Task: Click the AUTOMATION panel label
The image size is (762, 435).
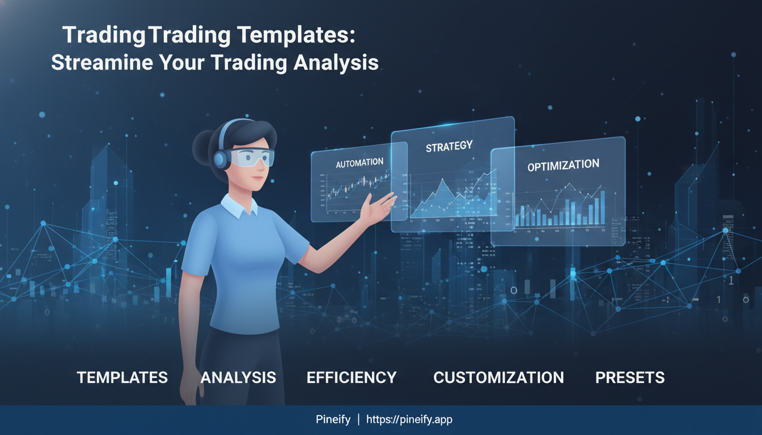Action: point(359,163)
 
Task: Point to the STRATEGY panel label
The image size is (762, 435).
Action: point(449,146)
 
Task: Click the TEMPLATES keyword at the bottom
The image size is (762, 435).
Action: point(122,378)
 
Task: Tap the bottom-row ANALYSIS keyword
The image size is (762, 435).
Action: point(238,378)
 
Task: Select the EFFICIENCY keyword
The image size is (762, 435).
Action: point(352,378)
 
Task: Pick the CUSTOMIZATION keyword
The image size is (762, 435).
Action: point(498,378)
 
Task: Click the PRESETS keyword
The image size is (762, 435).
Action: point(630,378)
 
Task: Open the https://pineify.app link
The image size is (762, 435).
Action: point(409,420)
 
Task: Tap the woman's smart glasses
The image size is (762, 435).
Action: point(253,157)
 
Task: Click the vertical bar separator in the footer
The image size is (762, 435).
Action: point(358,420)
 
